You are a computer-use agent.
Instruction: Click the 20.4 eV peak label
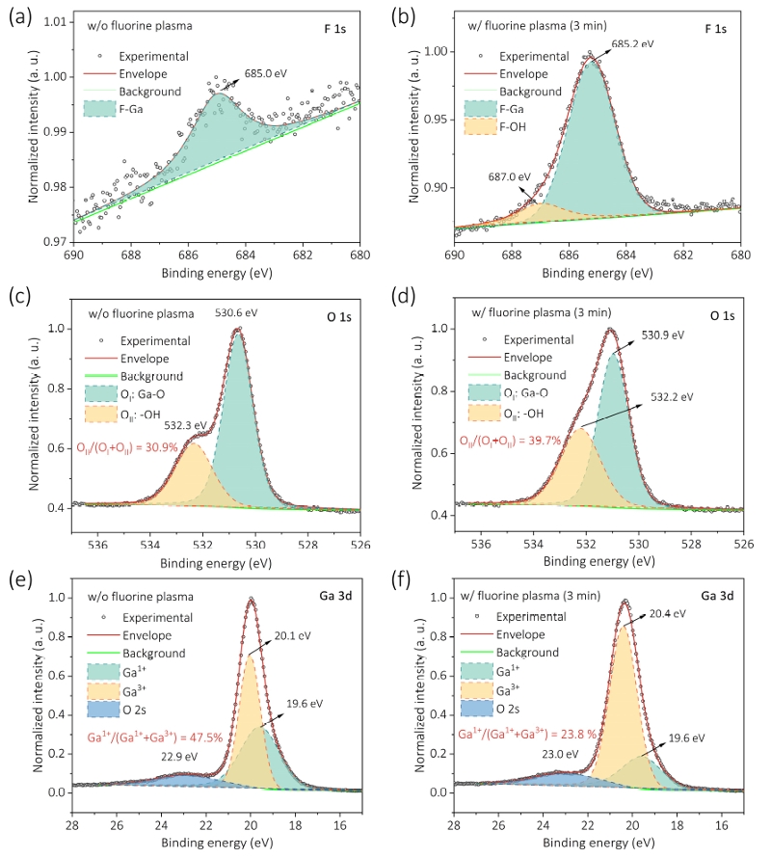tap(666, 613)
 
